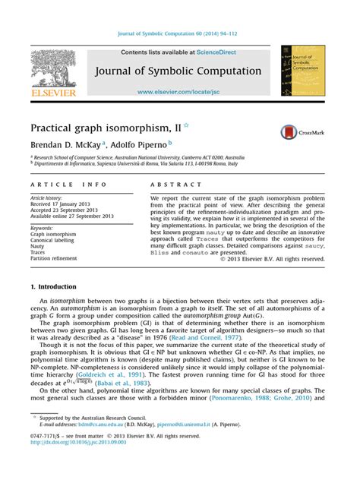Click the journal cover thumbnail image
click(x=302, y=70)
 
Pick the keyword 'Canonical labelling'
click(x=52, y=241)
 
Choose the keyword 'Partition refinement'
click(x=54, y=258)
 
